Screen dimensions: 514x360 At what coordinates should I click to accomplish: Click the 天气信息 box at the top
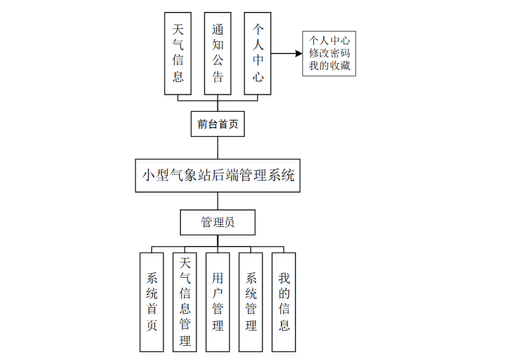[x=178, y=53]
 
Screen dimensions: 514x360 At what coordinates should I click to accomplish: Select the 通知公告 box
[x=217, y=53]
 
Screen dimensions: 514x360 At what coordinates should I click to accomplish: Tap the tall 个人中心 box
[x=258, y=53]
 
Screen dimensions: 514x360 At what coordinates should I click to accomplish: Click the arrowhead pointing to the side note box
[x=299, y=53]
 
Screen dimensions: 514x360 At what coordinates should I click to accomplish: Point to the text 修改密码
[x=329, y=53]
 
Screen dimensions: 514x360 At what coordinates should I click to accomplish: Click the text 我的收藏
[x=329, y=66]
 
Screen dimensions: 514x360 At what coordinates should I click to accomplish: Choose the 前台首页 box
[x=217, y=124]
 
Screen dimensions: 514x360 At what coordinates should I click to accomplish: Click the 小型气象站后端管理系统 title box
[x=217, y=176]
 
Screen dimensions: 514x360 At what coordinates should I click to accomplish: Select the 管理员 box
[x=217, y=223]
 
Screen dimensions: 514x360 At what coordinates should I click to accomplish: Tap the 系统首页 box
[x=152, y=302]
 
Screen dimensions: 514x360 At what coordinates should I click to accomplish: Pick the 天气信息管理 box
[x=185, y=302]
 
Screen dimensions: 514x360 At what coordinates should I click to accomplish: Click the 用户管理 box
[x=217, y=302]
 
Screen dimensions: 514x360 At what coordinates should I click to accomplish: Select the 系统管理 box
[x=251, y=302]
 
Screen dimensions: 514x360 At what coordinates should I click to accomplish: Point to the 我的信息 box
[x=284, y=302]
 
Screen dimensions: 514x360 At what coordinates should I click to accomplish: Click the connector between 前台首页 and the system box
[x=217, y=148]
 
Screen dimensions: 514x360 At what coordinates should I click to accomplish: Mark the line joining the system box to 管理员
[x=217, y=201]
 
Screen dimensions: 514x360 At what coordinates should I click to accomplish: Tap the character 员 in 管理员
[x=229, y=223]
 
